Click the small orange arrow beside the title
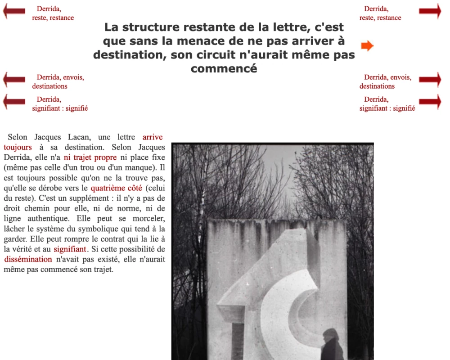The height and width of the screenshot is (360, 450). click(367, 45)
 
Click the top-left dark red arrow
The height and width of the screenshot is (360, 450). click(14, 11)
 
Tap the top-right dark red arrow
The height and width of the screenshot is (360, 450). click(430, 11)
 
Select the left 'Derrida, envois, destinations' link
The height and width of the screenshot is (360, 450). click(58, 81)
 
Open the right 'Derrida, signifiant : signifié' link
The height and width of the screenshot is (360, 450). click(387, 103)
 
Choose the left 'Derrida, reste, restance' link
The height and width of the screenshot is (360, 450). click(53, 13)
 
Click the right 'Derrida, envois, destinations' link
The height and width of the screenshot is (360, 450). click(385, 81)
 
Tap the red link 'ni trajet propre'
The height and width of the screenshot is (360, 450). click(90, 157)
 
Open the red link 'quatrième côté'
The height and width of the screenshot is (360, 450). click(116, 188)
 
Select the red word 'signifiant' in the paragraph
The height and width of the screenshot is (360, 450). click(69, 249)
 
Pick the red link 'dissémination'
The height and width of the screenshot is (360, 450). click(28, 259)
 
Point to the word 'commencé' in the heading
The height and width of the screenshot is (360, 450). click(224, 69)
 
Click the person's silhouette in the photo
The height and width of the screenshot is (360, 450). click(332, 346)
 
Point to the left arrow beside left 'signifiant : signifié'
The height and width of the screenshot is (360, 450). click(14, 102)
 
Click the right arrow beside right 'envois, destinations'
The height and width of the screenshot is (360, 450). click(430, 80)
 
